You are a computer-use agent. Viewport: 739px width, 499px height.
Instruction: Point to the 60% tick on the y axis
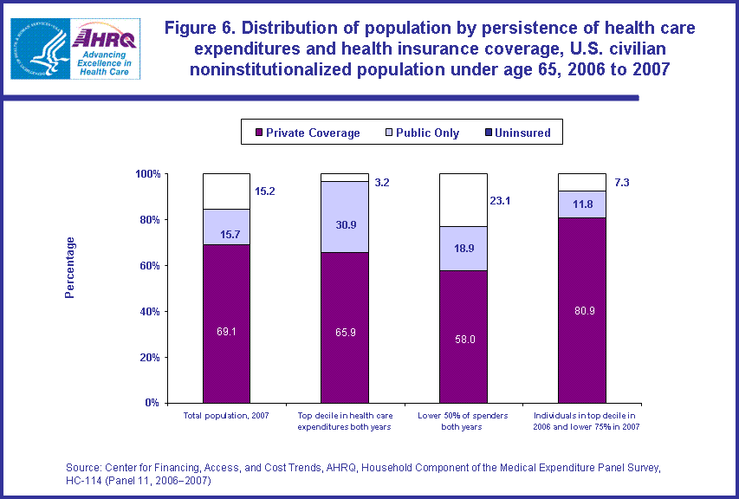point(148,266)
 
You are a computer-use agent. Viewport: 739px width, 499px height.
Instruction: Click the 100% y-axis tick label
point(146,174)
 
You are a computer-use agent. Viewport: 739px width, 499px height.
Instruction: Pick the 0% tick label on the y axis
point(152,403)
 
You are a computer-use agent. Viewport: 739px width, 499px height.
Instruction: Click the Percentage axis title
point(70,267)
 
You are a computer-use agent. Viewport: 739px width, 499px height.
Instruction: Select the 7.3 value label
point(620,184)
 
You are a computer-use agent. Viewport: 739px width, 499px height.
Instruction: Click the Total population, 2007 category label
point(226,417)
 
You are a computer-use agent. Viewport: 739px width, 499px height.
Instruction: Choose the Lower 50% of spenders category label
point(463,422)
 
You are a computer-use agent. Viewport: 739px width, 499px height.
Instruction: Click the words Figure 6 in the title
point(201,28)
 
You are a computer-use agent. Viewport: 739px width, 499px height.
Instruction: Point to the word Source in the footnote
point(87,468)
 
